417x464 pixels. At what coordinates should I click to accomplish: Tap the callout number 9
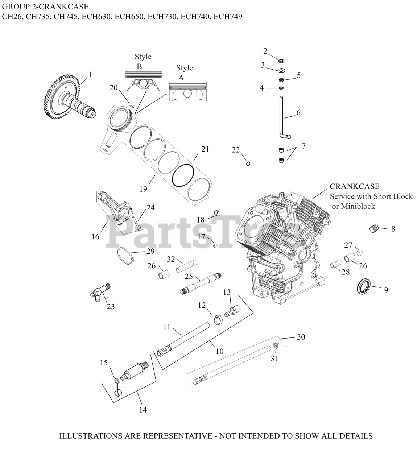(386, 290)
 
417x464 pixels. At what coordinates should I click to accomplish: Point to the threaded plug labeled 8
(374, 228)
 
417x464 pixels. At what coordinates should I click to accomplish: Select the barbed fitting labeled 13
(231, 311)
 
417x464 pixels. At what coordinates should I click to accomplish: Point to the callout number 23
(111, 307)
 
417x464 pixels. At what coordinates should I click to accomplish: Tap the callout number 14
(143, 410)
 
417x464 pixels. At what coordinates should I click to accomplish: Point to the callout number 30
(301, 337)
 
